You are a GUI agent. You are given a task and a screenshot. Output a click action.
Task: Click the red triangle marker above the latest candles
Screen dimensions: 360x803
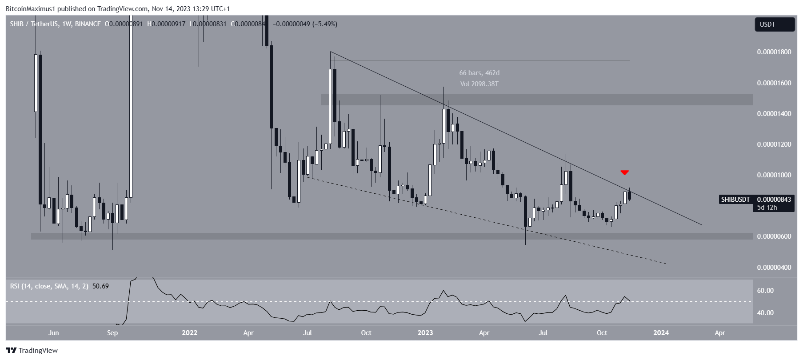624,172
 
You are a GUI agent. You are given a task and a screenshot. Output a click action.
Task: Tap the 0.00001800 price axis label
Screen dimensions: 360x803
774,52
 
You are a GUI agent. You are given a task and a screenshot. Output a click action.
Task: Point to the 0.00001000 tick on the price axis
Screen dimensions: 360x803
774,175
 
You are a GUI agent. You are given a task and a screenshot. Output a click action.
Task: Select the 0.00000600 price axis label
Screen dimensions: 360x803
774,236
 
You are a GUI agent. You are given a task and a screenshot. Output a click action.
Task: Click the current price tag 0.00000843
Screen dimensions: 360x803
774,200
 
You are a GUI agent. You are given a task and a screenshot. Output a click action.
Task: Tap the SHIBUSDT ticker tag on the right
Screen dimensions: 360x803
735,200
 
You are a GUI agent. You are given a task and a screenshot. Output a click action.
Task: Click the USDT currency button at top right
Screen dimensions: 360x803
774,24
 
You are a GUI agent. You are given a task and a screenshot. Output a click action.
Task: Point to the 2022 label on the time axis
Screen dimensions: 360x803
189,333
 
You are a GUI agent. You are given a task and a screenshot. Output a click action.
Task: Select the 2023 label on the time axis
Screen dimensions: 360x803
425,333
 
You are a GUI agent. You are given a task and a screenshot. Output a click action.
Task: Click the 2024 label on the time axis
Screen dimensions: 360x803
661,333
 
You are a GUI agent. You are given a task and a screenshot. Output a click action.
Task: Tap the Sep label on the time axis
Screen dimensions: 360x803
112,333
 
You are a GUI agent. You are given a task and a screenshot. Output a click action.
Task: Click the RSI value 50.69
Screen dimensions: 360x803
100,286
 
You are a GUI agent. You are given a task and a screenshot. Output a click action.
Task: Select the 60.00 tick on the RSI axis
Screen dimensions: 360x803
765,291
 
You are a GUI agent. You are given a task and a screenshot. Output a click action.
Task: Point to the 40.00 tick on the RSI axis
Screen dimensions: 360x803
765,313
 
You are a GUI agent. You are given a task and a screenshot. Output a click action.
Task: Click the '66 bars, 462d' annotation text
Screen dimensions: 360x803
479,73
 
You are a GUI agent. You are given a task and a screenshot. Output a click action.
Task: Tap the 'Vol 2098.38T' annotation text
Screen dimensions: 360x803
479,84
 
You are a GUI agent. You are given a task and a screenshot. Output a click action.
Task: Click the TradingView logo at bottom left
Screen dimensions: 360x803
32,351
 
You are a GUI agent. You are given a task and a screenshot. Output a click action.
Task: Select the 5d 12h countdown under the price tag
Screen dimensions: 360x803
767,208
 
